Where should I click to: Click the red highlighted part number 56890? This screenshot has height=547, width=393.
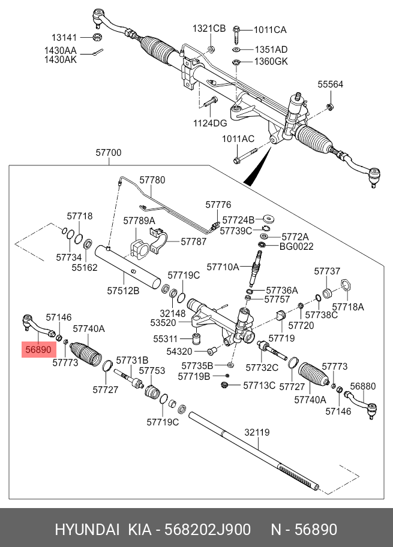click(x=38, y=349)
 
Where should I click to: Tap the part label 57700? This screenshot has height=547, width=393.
click(x=108, y=152)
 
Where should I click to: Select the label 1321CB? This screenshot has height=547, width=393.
click(x=209, y=28)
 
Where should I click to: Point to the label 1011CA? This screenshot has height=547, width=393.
click(x=270, y=30)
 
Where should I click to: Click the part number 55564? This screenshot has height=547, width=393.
click(x=330, y=84)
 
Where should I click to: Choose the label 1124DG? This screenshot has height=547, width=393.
click(x=210, y=123)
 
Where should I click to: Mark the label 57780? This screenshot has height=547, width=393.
click(x=152, y=180)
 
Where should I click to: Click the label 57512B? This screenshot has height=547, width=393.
click(x=124, y=290)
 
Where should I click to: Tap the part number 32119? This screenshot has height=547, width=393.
click(x=257, y=432)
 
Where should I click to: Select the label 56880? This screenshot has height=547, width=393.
click(x=363, y=386)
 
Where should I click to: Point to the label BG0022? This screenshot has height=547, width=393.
click(x=296, y=246)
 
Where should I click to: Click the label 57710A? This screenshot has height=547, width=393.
click(x=223, y=267)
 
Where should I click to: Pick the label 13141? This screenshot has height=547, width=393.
click(x=64, y=37)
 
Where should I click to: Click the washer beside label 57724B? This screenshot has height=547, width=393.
click(x=269, y=219)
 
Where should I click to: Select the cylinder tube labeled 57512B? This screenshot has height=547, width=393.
click(x=128, y=267)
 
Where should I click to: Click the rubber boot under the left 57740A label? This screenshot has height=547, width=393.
click(x=86, y=353)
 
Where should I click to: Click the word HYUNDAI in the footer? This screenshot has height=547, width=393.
click(x=87, y=529)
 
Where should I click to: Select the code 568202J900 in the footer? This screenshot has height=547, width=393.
click(x=207, y=529)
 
